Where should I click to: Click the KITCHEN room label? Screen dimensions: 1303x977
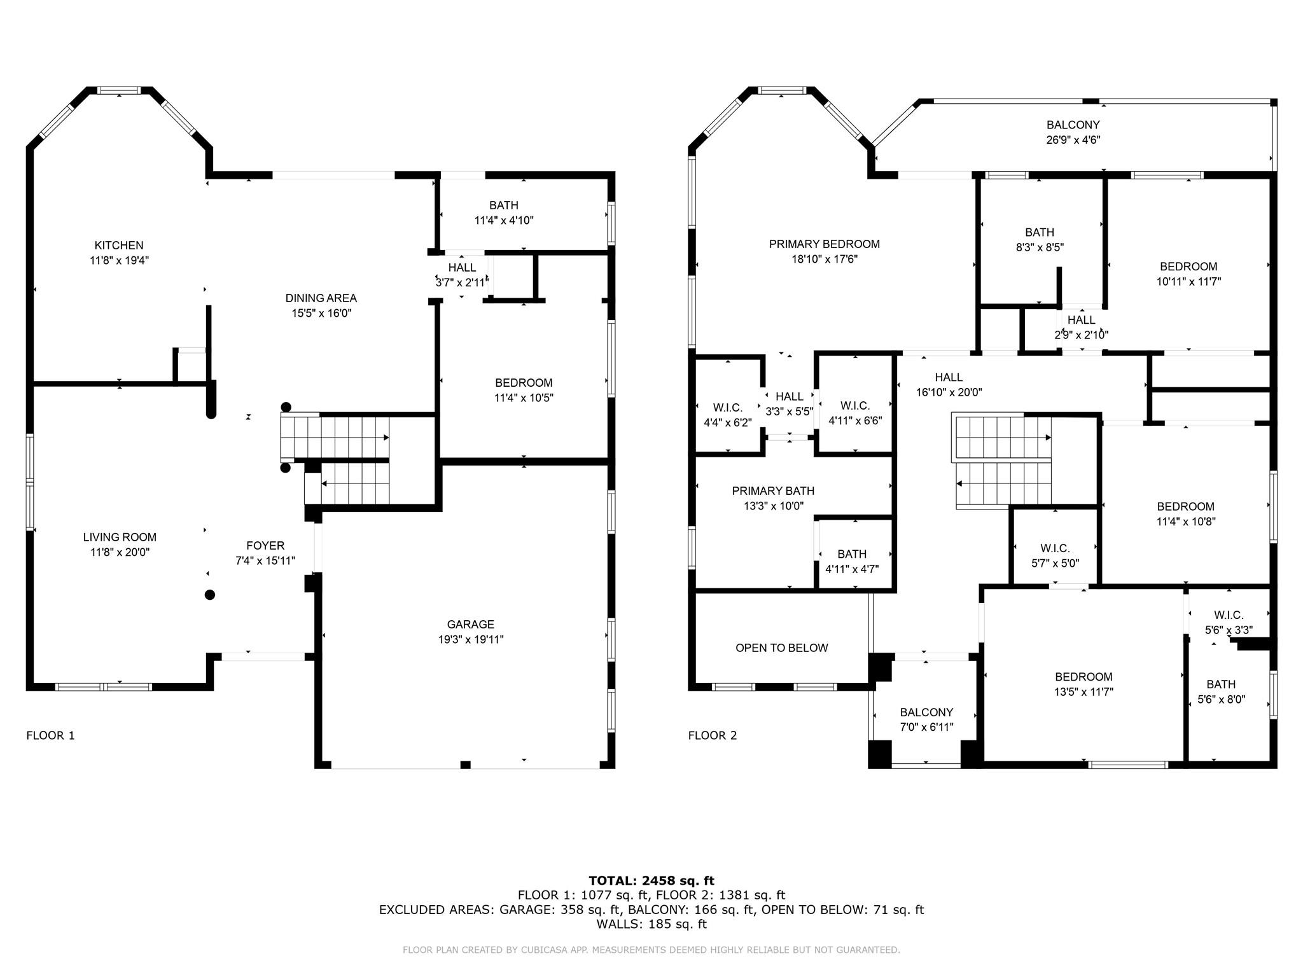click(119, 246)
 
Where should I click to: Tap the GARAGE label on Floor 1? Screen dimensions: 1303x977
click(470, 625)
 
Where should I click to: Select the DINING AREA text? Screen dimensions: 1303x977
click(321, 298)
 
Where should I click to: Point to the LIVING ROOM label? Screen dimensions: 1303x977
click(120, 537)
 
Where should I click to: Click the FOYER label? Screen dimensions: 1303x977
click(265, 546)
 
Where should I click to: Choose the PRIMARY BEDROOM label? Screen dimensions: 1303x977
click(824, 244)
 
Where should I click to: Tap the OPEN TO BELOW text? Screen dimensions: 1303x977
click(782, 648)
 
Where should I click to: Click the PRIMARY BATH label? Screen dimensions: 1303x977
click(773, 491)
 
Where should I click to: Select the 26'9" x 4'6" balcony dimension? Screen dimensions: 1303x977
click(1073, 140)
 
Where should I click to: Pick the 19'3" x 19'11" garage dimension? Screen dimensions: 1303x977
click(470, 640)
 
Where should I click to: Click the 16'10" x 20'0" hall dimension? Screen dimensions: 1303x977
click(949, 392)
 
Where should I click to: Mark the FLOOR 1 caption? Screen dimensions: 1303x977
click(50, 736)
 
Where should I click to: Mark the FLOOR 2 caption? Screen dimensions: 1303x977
click(713, 736)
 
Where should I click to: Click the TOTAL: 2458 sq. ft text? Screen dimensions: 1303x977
click(651, 881)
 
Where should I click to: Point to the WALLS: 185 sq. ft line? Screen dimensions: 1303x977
click(651, 924)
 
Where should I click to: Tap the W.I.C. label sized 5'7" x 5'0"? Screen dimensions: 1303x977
click(1055, 548)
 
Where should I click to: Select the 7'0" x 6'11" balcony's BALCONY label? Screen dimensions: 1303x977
click(926, 712)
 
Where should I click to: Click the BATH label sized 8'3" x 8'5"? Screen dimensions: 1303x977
click(1040, 233)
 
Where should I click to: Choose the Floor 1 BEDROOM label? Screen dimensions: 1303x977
click(524, 383)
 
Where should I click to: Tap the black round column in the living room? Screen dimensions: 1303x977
click(210, 595)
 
